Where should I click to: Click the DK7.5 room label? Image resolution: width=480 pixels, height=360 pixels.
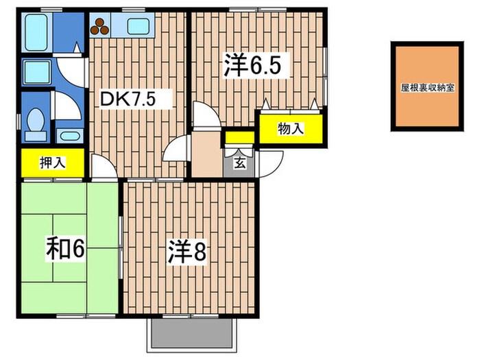pos(128,99)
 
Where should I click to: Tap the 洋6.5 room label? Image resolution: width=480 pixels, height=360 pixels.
pos(252,65)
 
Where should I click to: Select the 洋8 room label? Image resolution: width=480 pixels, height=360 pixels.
pos(187,252)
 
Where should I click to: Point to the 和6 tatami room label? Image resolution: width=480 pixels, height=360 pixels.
pos(65,249)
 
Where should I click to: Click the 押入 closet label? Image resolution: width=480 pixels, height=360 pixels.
pos(53,163)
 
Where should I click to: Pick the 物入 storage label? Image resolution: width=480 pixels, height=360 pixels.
pos(291,129)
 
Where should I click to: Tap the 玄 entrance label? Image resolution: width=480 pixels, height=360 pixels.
pos(240,163)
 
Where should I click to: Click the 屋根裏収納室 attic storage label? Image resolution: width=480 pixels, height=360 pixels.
pos(427,88)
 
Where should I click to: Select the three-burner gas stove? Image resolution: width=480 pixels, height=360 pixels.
pos(100,26)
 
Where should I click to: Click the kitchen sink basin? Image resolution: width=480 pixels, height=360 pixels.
pos(139,26)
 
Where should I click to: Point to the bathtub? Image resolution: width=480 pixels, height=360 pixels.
pos(36,32)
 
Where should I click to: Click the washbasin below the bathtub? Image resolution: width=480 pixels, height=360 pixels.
pos(37,72)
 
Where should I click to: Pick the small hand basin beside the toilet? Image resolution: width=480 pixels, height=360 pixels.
pos(70,135)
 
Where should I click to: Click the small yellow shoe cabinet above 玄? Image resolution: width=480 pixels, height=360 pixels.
pos(240,137)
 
